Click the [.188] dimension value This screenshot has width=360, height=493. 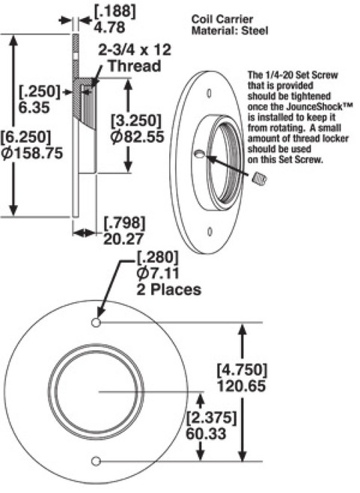point(109,10)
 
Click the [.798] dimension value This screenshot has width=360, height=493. point(123,223)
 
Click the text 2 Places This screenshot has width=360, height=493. point(168,289)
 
